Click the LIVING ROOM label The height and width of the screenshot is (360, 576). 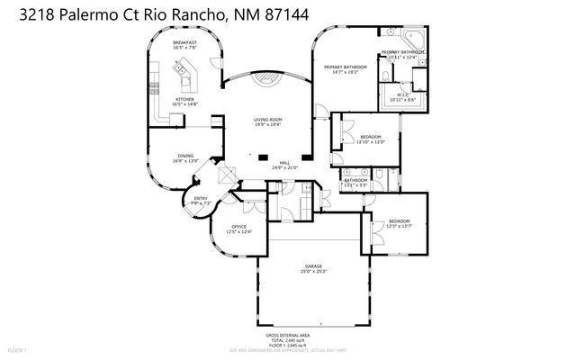tap(267, 120)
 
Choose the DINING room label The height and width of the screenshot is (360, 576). tap(184, 156)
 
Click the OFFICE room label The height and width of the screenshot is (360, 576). tap(238, 226)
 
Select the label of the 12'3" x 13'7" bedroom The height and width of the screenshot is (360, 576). tap(400, 220)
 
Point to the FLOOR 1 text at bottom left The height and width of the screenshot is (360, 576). tap(17, 349)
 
